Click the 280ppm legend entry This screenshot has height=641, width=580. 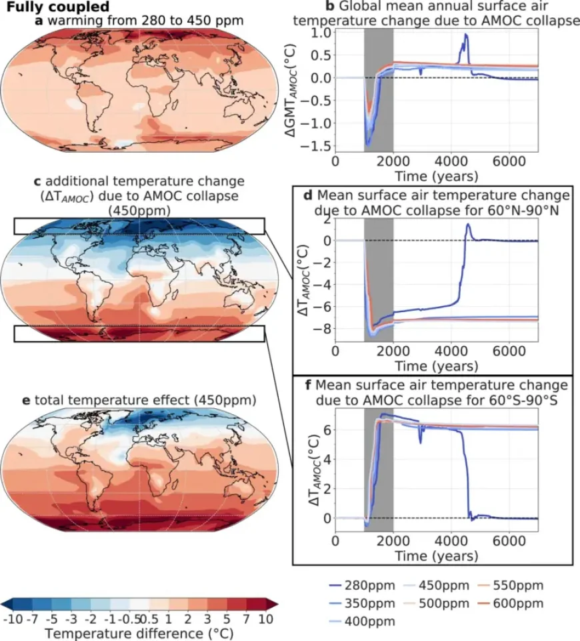tap(364, 586)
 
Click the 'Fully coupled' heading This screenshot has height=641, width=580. tap(54, 7)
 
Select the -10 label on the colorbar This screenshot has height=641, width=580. tap(14, 618)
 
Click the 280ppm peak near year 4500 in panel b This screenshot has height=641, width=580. tap(466, 35)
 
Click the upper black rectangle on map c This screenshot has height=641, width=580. tap(139, 225)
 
